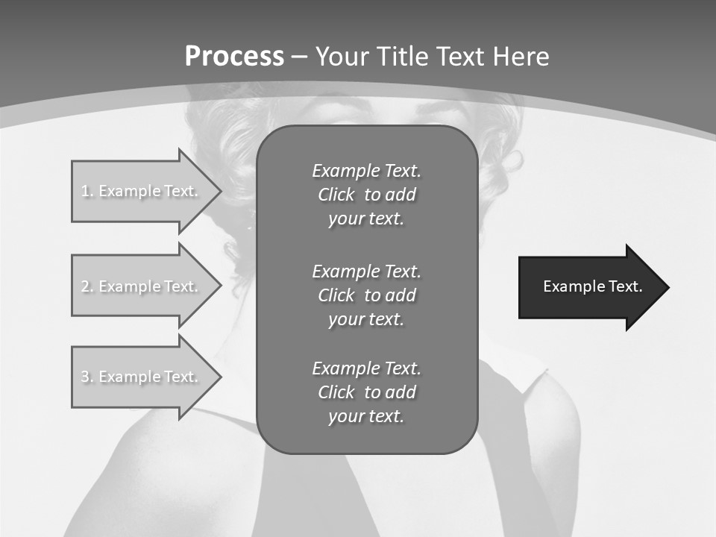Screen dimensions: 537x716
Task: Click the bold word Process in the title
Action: pos(234,57)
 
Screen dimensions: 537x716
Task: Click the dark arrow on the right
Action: pos(582,287)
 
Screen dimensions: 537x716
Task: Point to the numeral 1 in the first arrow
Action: pos(85,191)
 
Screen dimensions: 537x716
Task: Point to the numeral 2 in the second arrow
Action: pos(85,286)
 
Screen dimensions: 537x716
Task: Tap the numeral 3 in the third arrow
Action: pos(85,377)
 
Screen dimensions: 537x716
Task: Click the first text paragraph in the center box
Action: pos(366,195)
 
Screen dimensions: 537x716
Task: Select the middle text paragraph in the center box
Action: pos(366,295)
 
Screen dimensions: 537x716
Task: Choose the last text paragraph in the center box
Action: pos(366,392)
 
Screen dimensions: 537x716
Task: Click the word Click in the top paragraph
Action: pos(336,195)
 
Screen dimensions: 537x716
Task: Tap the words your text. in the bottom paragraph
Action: pos(366,417)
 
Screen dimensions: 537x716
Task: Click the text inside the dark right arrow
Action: pos(592,286)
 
